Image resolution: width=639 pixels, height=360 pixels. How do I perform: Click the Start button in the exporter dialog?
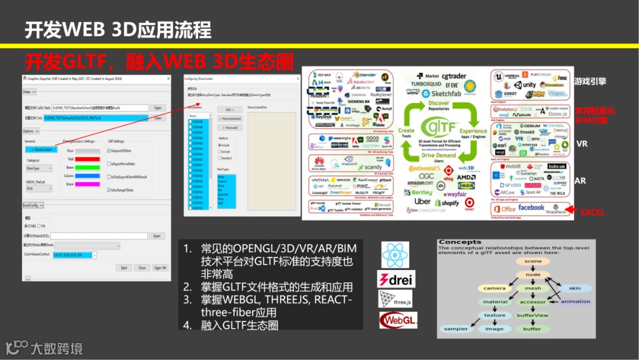(124, 268)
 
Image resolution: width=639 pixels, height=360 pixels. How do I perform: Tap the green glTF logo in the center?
(438, 127)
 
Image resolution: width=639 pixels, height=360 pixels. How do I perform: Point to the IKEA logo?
(466, 186)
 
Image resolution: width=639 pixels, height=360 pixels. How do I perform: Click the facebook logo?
(531, 207)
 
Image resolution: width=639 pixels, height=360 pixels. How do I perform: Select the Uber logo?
(422, 201)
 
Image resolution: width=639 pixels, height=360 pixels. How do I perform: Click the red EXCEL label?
(592, 212)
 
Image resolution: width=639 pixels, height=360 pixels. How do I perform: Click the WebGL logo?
(398, 320)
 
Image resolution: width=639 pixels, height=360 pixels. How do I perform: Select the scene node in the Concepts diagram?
(532, 261)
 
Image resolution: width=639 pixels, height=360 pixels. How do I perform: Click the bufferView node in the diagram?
(532, 315)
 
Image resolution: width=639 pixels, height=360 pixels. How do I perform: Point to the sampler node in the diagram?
(456, 329)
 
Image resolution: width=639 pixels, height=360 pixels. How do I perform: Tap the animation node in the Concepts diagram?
(575, 301)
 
